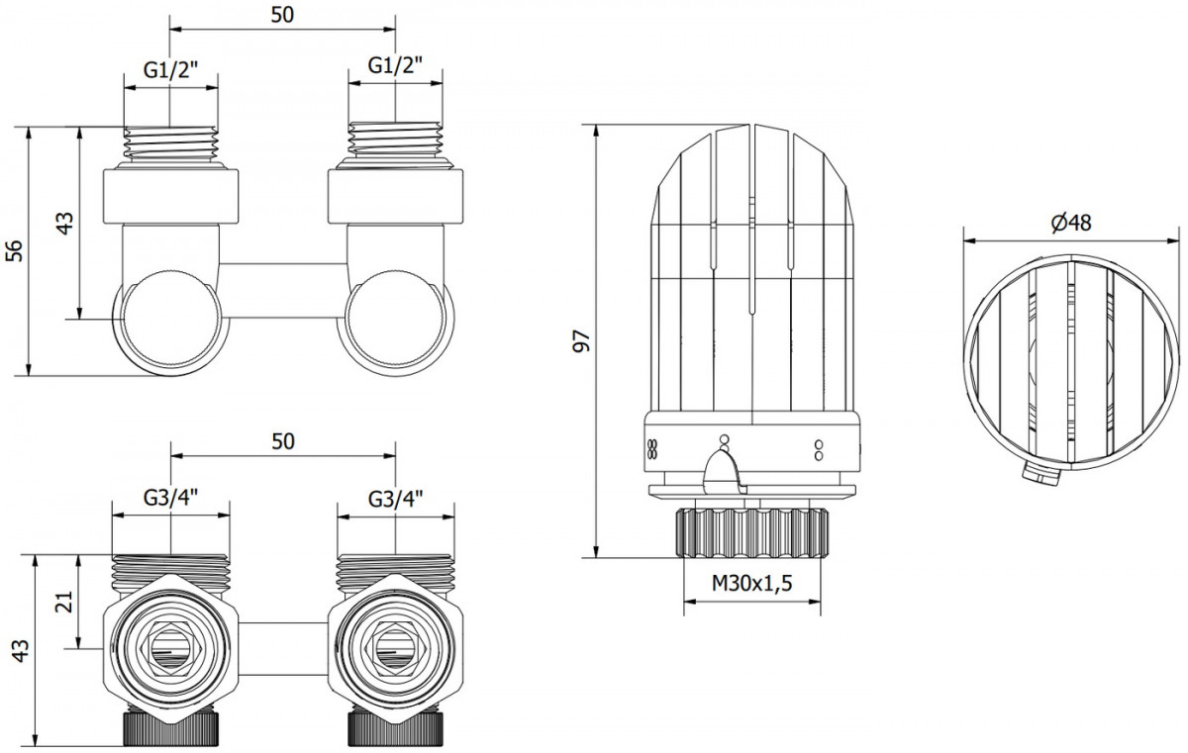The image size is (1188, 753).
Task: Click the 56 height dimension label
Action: point(15,250)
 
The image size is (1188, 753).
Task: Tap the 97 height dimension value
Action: point(582,340)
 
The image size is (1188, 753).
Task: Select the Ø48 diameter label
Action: point(1071,223)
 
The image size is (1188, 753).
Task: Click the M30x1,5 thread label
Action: point(751,583)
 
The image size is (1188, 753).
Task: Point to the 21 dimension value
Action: point(64,602)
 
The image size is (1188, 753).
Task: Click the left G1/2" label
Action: point(170,69)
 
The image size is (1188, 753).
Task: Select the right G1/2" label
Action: point(396,65)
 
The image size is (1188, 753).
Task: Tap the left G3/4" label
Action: point(170,498)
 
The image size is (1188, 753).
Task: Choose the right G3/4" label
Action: point(396,498)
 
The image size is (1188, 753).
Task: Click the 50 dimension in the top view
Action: point(282,15)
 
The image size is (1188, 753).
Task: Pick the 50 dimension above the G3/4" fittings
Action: point(283,441)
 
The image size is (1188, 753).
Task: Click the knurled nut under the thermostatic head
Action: point(751,532)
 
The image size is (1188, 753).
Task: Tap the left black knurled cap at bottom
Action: point(170,728)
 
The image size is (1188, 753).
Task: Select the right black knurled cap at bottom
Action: point(396,728)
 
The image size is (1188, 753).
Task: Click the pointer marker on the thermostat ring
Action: point(724,468)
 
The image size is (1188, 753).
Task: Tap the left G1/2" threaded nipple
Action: point(170,143)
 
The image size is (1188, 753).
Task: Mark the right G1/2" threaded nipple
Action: point(396,140)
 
